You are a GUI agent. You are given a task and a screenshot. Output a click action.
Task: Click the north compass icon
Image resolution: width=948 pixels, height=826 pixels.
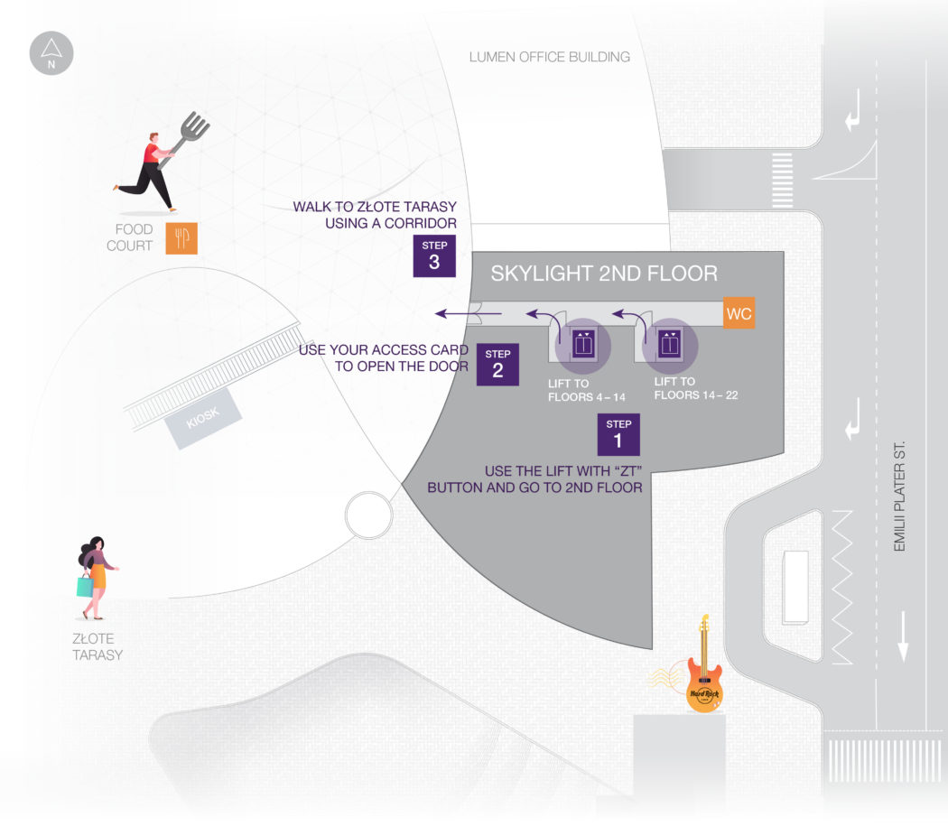pos(51,53)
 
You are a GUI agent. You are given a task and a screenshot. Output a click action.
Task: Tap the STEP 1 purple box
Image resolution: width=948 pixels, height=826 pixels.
pos(618,434)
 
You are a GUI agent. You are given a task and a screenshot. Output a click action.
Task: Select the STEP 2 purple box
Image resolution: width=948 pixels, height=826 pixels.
pos(497,365)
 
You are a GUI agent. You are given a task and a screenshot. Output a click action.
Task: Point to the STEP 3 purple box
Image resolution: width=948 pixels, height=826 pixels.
pos(434,255)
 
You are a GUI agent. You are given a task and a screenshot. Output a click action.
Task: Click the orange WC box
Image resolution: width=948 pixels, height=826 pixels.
pos(739,313)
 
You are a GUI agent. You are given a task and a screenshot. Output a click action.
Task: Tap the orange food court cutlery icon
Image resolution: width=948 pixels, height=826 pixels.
pos(181,238)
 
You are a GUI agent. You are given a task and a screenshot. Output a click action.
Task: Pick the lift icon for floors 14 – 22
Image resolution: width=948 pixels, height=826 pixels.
pos(669,344)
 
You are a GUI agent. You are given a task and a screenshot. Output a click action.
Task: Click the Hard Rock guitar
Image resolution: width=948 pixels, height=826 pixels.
pos(704,668)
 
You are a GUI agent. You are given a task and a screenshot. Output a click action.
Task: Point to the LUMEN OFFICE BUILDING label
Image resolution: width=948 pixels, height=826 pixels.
pos(549,57)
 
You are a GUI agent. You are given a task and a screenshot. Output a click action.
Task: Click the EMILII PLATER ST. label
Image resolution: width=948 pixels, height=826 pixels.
pos(898,497)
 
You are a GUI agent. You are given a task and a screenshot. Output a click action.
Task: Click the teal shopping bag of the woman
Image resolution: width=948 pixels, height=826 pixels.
pos(85,586)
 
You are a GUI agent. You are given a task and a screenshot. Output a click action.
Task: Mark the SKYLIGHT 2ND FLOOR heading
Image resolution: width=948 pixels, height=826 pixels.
pos(603,274)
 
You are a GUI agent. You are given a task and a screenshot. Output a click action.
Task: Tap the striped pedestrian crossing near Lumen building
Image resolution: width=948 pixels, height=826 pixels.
pos(784,172)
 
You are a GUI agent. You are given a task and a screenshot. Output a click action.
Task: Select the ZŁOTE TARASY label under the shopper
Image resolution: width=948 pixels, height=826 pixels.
pos(97,646)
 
